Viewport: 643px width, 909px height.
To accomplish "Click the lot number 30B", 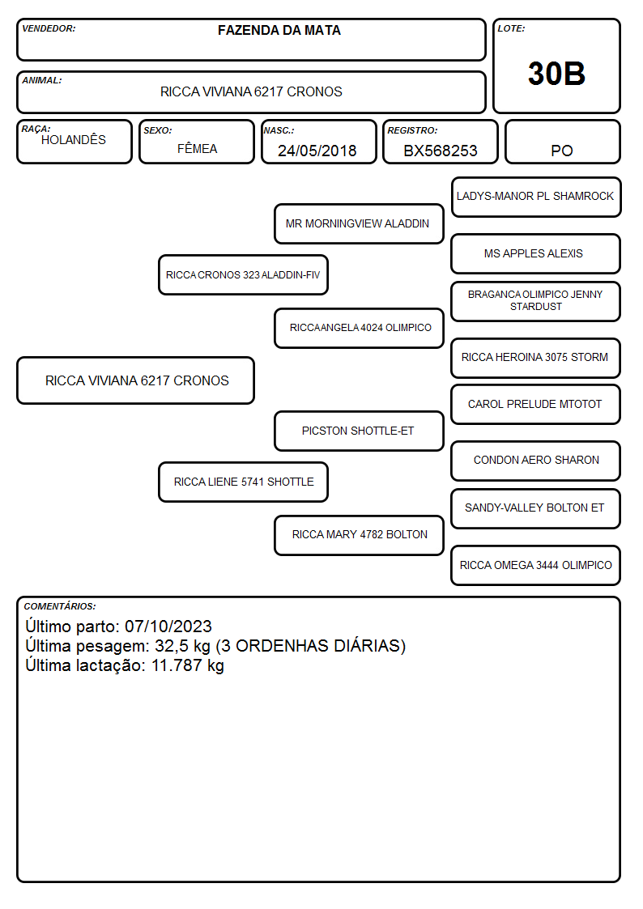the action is tap(556, 74).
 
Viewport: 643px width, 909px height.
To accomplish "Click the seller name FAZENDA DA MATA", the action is tap(279, 30).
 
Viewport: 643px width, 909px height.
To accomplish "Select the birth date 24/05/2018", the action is tap(317, 151).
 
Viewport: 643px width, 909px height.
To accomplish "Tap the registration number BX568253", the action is tap(440, 151).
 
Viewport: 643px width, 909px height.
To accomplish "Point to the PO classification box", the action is tap(562, 142).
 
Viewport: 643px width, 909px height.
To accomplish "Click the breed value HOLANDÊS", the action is tap(74, 139).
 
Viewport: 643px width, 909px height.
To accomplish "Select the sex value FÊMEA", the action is tap(197, 148).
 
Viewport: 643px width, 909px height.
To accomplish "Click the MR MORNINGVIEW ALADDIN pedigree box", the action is tap(359, 223).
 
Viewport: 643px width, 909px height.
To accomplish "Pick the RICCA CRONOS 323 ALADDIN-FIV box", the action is tap(243, 274).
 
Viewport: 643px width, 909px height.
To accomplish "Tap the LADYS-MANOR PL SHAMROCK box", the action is tap(536, 198).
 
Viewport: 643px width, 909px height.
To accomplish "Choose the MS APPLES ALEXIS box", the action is tap(536, 253).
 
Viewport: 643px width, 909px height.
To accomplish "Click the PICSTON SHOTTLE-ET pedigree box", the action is tap(359, 431).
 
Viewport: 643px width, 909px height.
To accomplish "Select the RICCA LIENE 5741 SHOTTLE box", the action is tap(243, 482).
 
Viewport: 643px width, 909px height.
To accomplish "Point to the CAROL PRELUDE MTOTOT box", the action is tap(536, 404).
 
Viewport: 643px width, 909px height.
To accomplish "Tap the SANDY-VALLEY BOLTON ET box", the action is tap(536, 508).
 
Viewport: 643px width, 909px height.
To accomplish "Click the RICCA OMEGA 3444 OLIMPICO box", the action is tap(536, 565).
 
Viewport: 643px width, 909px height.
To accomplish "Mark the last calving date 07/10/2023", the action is tap(168, 626).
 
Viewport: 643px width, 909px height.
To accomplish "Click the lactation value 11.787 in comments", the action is tap(177, 665).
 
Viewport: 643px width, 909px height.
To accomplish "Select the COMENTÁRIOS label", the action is tap(60, 606).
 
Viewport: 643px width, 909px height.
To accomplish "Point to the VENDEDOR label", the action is tap(49, 28).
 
